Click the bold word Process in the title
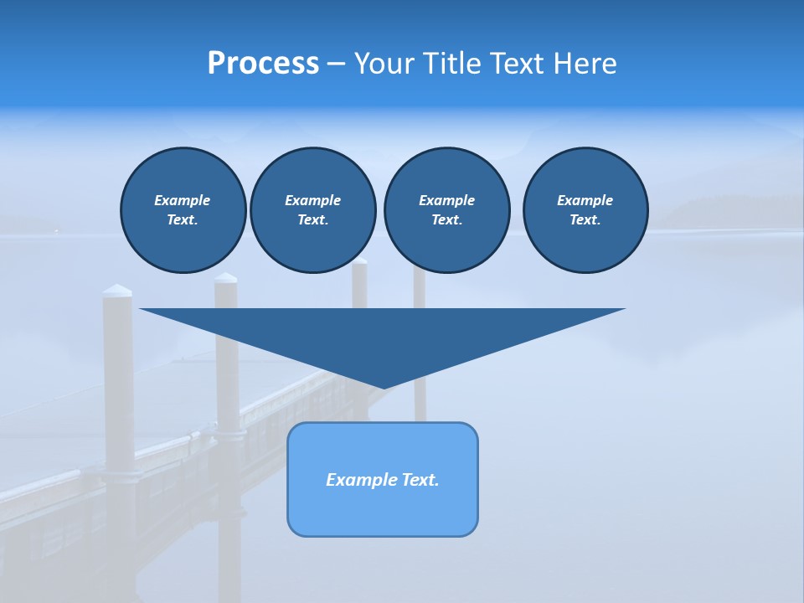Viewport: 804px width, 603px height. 263,64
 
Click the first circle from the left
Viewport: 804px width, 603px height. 183,210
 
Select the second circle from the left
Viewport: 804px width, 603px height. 312,210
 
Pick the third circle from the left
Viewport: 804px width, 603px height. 446,210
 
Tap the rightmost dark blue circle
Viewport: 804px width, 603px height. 585,210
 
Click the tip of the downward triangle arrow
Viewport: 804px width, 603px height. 383,386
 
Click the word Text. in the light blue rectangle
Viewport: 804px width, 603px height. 420,480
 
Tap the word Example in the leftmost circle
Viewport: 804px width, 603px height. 183,200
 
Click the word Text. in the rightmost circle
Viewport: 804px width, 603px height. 585,220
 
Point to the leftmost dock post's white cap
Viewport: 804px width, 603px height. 117,291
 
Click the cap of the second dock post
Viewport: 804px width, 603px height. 225,278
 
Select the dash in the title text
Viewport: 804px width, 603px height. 336,64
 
